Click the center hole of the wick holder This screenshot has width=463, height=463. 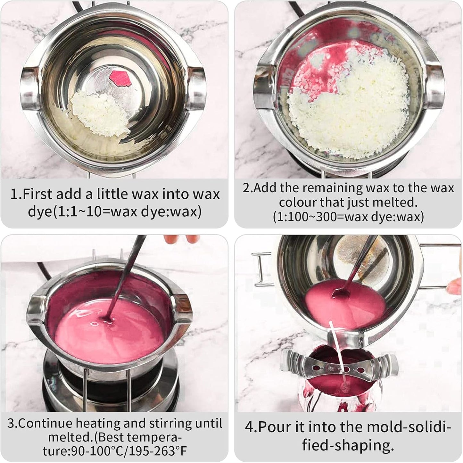(x=346, y=369)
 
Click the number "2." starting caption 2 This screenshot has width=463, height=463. (x=247, y=188)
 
